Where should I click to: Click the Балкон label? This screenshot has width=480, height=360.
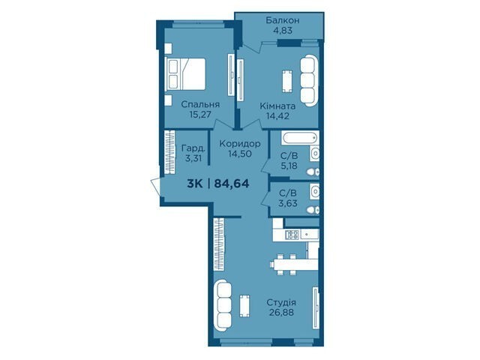point(282,20)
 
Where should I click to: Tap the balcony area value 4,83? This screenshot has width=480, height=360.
point(282,31)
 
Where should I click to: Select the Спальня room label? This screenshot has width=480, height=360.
point(200,104)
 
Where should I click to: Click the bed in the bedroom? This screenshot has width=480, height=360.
point(185,74)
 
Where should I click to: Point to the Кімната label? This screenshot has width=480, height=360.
point(277,106)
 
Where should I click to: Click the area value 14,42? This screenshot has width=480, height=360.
point(277,116)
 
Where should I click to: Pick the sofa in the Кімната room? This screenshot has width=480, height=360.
point(308,81)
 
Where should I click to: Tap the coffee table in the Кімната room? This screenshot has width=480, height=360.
point(286,81)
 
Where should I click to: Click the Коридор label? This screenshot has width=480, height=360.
point(240,143)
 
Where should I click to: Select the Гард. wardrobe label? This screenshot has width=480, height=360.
point(193,148)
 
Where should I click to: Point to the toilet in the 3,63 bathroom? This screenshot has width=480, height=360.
point(313,210)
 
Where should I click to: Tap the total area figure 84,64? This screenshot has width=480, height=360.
point(232,184)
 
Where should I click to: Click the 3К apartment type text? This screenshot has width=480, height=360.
point(195,184)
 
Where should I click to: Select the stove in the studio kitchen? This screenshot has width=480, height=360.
point(292,235)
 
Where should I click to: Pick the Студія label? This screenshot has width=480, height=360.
point(281,303)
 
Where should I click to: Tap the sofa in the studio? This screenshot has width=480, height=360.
point(223,305)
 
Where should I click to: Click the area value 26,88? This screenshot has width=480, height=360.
point(281,313)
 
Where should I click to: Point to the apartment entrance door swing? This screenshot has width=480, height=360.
point(156,186)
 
